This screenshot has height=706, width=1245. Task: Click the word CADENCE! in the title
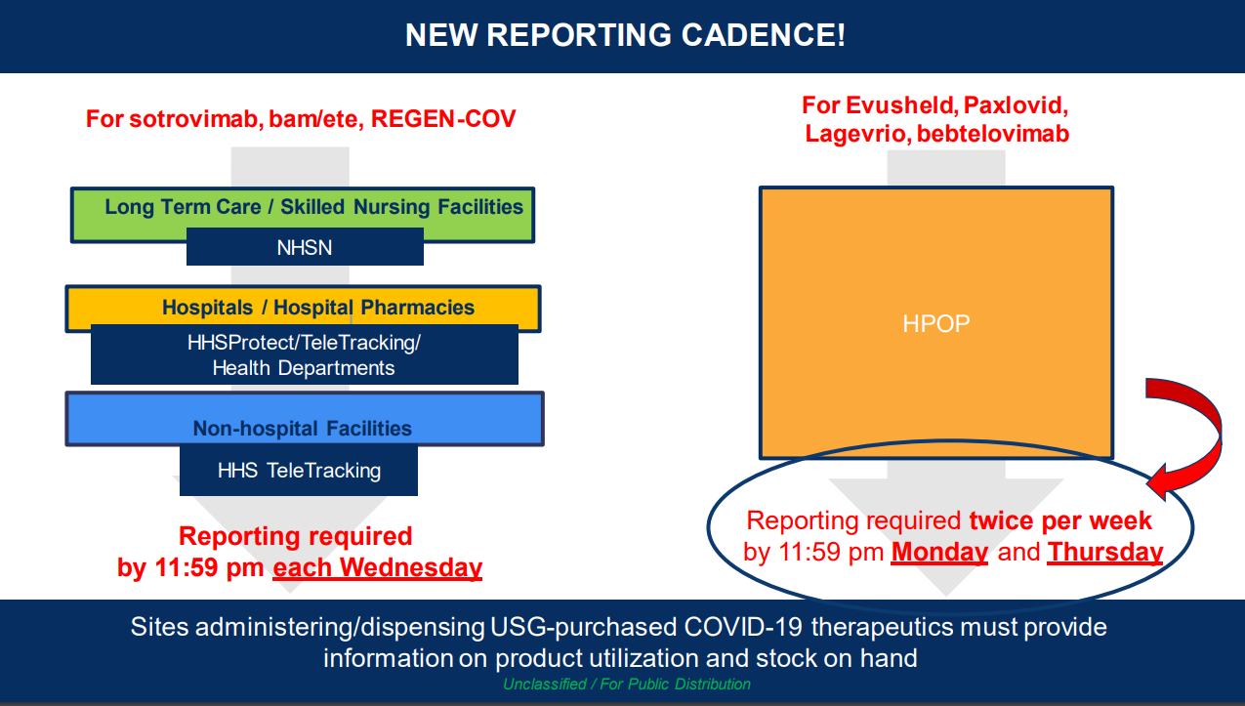click(x=764, y=35)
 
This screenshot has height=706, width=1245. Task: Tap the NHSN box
click(x=305, y=246)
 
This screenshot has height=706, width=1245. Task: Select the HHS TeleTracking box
click(x=299, y=471)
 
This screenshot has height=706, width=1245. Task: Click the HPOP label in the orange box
click(x=936, y=323)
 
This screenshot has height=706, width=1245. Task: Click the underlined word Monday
click(x=939, y=552)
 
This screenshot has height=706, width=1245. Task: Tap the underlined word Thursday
click(x=1105, y=552)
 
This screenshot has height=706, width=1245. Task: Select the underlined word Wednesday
click(x=411, y=567)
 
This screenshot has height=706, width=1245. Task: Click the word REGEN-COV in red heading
click(x=443, y=119)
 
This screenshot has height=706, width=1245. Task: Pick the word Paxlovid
click(x=1016, y=105)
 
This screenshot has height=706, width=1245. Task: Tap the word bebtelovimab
click(x=993, y=134)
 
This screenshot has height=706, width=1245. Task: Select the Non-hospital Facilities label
click(x=303, y=429)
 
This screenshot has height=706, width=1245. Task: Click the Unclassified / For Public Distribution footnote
click(x=626, y=684)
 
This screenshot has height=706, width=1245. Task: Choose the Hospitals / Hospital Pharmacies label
click(x=318, y=308)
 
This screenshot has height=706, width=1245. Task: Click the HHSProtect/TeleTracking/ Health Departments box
click(x=305, y=354)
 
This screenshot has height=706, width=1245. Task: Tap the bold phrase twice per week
click(x=1060, y=520)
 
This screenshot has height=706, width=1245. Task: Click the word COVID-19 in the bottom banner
click(x=742, y=627)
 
